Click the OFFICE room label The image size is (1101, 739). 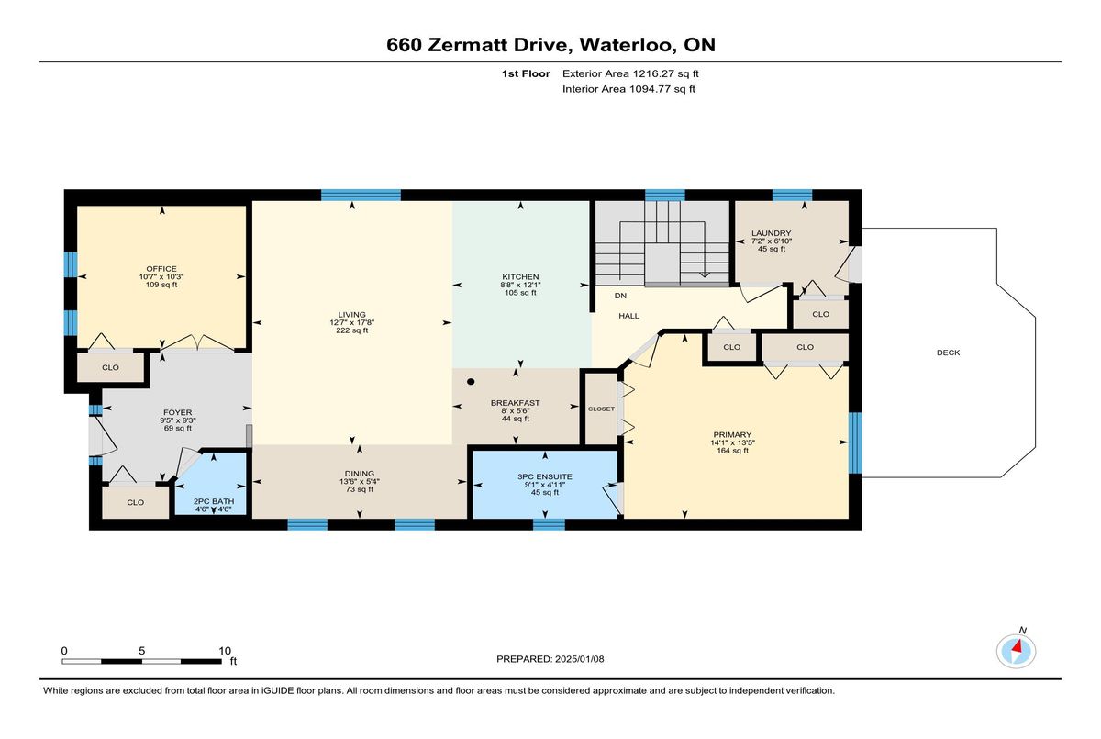click(161, 269)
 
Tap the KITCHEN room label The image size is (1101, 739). click(520, 277)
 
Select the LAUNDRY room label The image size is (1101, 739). click(772, 233)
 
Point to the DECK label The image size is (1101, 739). click(948, 353)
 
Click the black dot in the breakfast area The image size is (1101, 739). click(471, 382)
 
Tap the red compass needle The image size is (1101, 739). click(1019, 645)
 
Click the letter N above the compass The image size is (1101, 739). click(1023, 630)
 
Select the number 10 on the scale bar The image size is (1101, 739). click(225, 651)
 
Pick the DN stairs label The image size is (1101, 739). click(620, 296)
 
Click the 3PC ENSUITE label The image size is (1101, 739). click(545, 476)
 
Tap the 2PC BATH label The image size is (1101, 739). click(213, 501)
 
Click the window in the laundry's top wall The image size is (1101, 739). click(792, 196)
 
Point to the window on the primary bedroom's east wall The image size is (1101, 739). click(855, 442)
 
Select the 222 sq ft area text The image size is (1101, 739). click(352, 330)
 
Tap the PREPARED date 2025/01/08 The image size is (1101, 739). click(579, 659)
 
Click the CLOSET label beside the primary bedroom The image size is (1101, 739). click(601, 409)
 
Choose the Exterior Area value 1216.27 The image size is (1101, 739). click(652, 73)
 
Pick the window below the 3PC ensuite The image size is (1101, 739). click(549, 524)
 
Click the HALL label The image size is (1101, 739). click(628, 316)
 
